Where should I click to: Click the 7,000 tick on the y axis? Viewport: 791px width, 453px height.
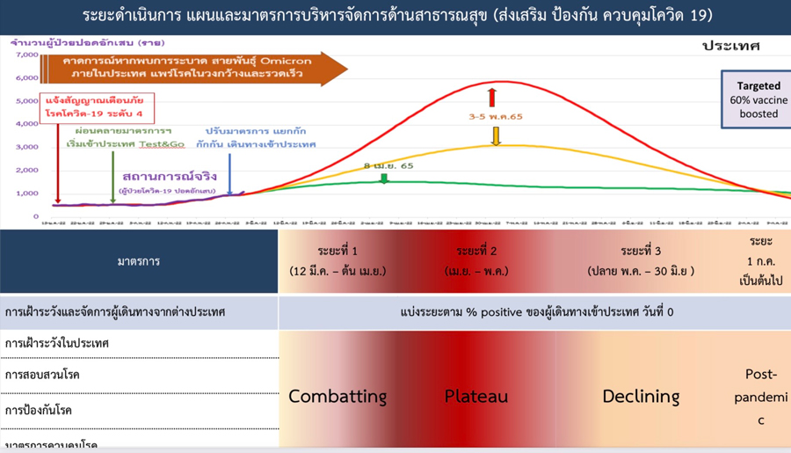tap(27, 55)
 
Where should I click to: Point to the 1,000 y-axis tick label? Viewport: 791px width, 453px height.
tap(27, 194)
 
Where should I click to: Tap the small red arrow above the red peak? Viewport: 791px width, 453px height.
tap(493, 96)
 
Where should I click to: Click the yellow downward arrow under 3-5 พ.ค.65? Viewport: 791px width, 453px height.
tap(496, 135)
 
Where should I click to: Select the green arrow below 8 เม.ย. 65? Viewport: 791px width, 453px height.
tap(384, 179)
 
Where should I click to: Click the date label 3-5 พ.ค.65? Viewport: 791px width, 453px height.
tap(496, 116)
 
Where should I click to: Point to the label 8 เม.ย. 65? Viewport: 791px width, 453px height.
tap(388, 165)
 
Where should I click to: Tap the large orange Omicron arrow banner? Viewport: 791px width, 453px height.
tap(193, 68)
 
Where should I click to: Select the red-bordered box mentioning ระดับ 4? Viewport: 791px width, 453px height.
tap(98, 108)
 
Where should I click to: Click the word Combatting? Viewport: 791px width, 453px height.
tap(337, 396)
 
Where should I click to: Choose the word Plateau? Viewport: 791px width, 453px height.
tap(476, 396)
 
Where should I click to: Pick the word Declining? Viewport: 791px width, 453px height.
tap(641, 396)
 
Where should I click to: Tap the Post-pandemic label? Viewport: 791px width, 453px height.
tap(761, 397)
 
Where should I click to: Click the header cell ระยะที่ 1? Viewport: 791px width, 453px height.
tap(337, 260)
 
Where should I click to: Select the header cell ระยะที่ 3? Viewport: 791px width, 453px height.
tap(641, 260)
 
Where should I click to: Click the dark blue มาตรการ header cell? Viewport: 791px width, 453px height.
tap(139, 261)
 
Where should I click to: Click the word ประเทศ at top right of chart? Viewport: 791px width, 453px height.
tap(730, 46)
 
